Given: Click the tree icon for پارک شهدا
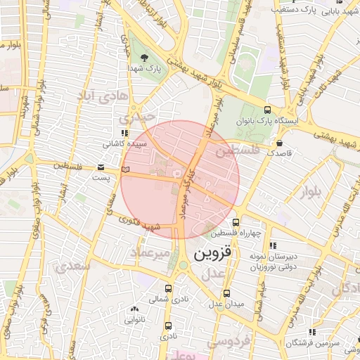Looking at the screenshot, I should pyautogui.click(x=145, y=57).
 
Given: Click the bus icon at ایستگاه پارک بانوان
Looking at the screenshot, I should pyautogui.click(x=267, y=110).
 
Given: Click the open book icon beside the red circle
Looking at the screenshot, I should pyautogui.click(x=126, y=169).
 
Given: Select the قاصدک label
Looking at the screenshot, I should pyautogui.click(x=279, y=153).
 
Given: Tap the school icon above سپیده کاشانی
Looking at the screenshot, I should pyautogui.click(x=125, y=132).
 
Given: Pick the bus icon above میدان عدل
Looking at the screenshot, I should pyautogui.click(x=226, y=293).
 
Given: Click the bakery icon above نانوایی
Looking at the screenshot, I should pyautogui.click(x=134, y=309).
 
